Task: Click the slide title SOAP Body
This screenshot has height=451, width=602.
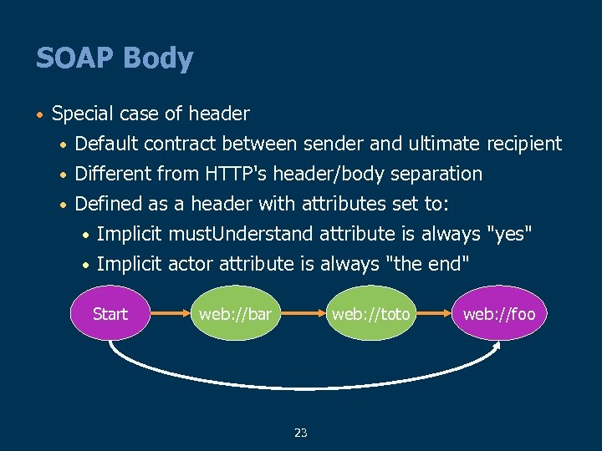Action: [x=115, y=58]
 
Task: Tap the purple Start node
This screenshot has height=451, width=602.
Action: [x=110, y=314]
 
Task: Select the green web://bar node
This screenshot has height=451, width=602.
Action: [x=235, y=314]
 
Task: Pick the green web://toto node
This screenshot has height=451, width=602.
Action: [x=370, y=314]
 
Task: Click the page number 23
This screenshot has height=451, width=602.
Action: [x=301, y=433]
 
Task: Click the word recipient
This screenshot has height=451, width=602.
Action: [x=521, y=144]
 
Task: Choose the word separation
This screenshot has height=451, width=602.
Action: [x=441, y=174]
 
